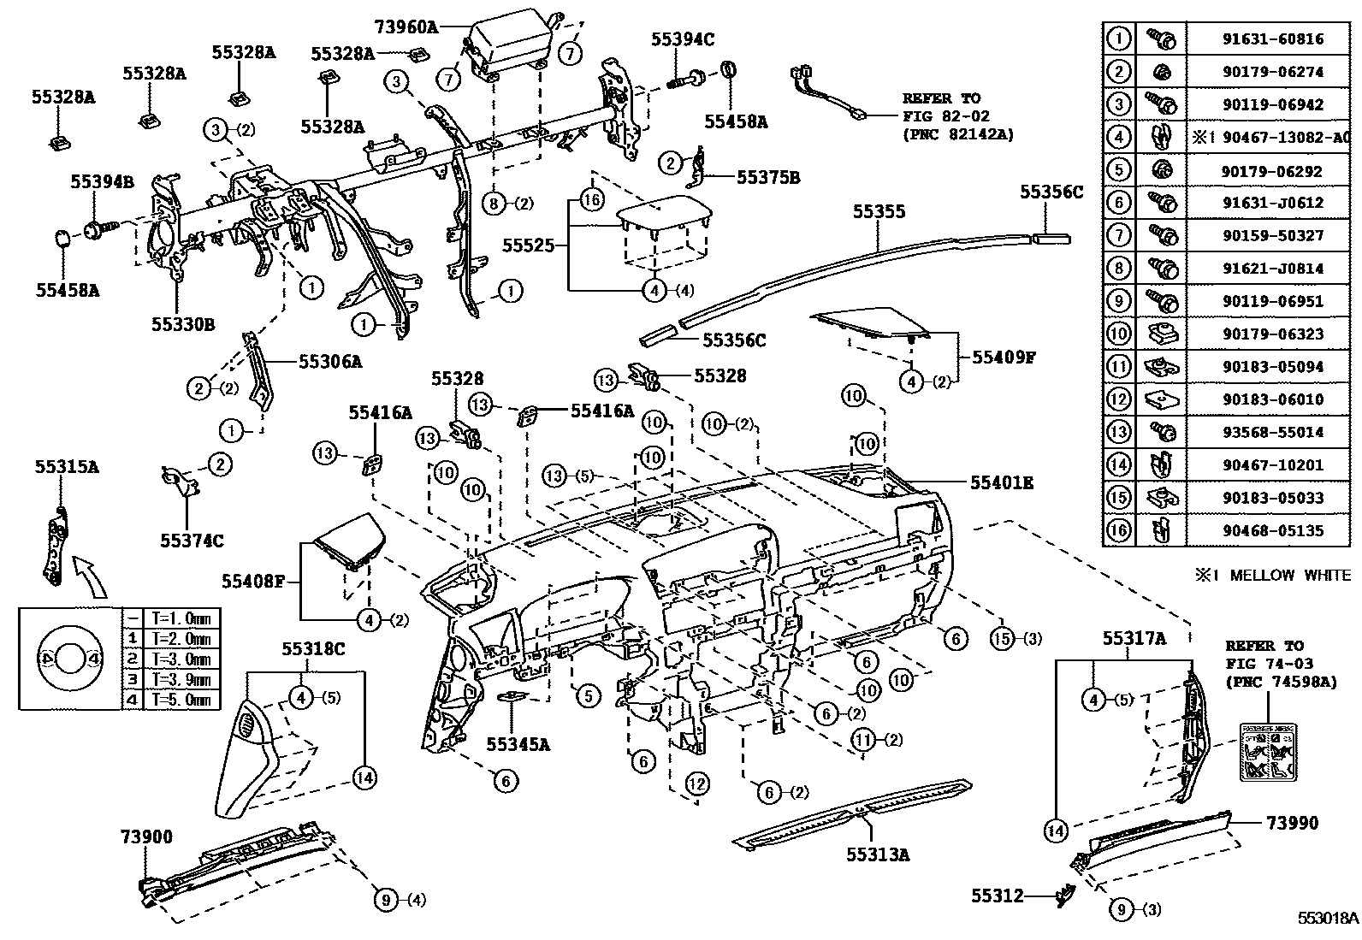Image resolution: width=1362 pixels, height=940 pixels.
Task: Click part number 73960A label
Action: coord(406,27)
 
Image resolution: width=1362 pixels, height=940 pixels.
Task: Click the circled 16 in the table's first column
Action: coord(1119,530)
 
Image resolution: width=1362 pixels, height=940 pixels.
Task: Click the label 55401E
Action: coord(1001,483)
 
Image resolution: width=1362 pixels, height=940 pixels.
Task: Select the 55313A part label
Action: coord(878,854)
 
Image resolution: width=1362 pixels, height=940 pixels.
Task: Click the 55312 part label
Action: coord(997,896)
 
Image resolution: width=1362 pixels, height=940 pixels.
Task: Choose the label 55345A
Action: coord(518,744)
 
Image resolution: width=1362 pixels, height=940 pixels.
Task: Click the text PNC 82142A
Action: coord(957,135)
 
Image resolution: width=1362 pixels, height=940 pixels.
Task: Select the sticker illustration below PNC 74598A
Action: coord(1265,750)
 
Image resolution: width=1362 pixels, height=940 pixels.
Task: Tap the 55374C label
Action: coord(192,541)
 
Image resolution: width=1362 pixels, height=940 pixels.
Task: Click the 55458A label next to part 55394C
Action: coord(736,121)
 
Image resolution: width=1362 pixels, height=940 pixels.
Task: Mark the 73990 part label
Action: coord(1292,823)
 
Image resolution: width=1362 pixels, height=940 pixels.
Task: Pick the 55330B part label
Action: coord(183,324)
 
